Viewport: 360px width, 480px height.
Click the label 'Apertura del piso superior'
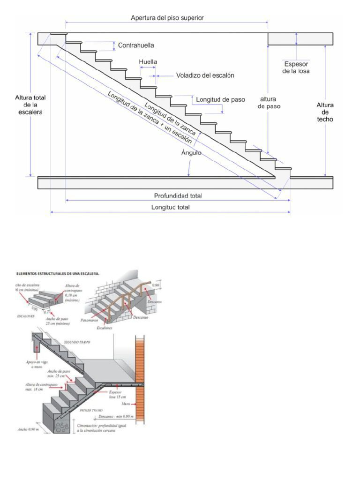pos(167,18)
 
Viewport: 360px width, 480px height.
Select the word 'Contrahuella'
pos(136,45)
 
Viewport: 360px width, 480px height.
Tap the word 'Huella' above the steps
pos(148,62)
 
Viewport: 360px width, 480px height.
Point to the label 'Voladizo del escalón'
pos(205,75)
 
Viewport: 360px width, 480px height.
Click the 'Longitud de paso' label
pos(220,99)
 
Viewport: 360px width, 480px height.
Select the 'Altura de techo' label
pos(325,112)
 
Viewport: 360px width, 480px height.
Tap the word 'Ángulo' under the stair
pos(192,153)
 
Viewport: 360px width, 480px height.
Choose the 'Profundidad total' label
pos(178,195)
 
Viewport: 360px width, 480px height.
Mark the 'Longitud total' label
pos(170,207)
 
